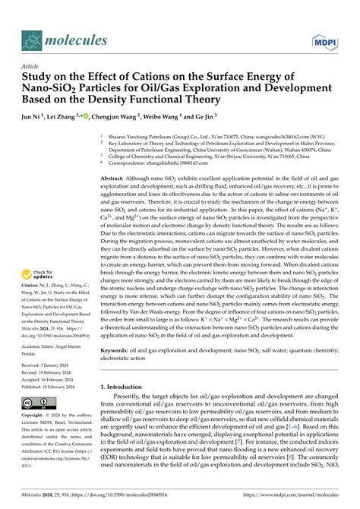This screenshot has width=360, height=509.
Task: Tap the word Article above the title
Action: click(x=30, y=67)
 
